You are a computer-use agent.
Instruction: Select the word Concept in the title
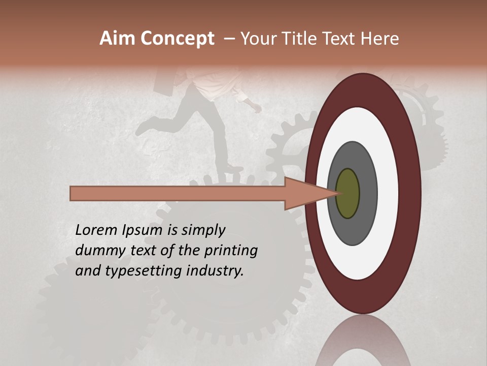[177, 39]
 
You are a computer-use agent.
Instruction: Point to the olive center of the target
[347, 193]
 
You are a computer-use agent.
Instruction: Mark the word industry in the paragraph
[215, 271]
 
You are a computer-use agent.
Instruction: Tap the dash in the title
[229, 39]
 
